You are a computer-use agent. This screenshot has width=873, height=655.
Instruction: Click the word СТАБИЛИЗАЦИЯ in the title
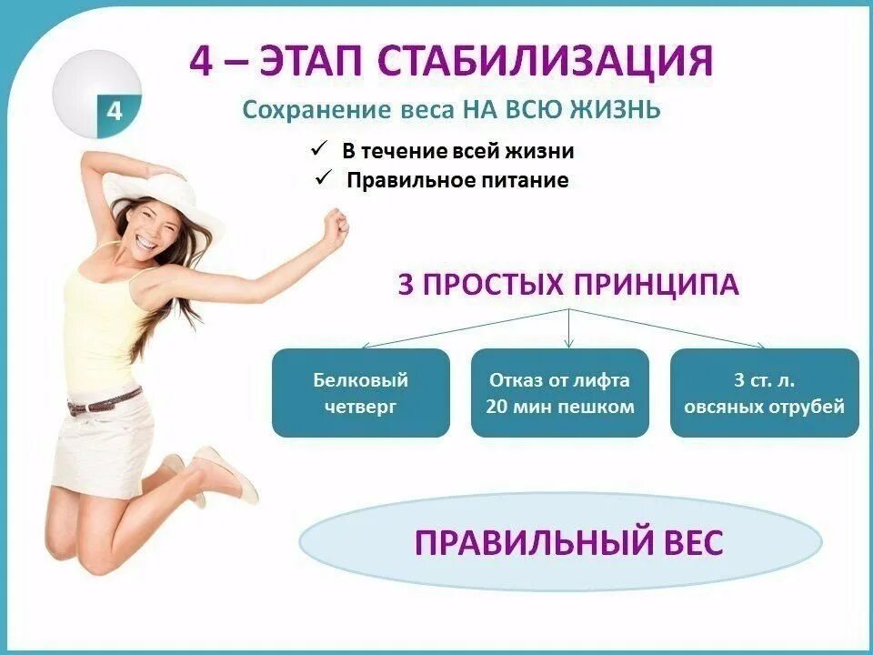[x=544, y=61]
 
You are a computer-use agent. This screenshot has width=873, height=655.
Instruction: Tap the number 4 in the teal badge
[x=115, y=112]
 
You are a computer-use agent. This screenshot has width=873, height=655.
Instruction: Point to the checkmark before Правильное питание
[x=324, y=178]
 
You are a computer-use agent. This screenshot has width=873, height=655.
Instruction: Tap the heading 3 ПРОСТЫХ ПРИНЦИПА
[x=568, y=285]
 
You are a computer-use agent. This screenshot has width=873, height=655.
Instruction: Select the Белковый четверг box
[x=360, y=393]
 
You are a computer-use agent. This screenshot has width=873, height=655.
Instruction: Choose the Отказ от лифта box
[x=560, y=393]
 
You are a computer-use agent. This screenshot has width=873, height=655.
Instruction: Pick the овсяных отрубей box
[x=764, y=393]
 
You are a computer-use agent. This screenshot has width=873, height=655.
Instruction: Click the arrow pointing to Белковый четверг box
[x=366, y=344]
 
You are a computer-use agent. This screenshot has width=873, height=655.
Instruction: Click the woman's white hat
[x=150, y=189]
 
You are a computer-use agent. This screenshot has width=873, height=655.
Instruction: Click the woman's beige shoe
[x=227, y=474]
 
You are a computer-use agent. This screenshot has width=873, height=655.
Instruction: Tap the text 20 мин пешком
[x=560, y=407]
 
